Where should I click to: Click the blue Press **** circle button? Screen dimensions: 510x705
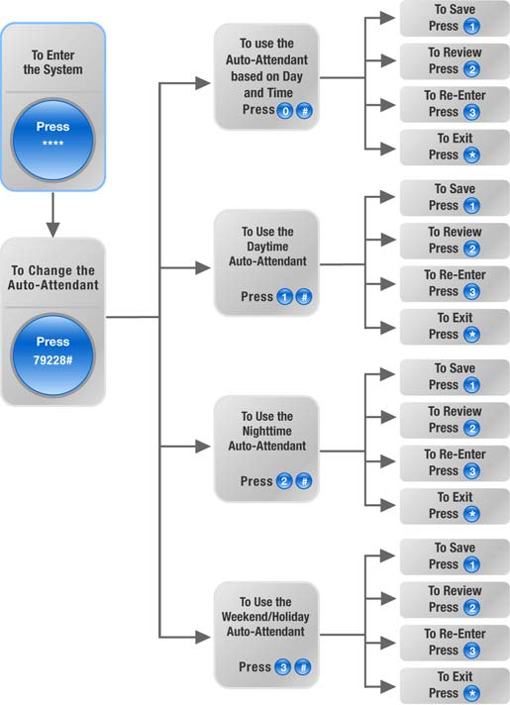tap(53, 141)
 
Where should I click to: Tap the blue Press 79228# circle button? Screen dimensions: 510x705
tap(53, 355)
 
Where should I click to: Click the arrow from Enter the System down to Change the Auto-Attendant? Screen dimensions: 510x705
tap(53, 215)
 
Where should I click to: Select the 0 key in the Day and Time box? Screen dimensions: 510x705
tap(284, 111)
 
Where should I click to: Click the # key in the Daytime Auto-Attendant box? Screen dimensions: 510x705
tap(304, 297)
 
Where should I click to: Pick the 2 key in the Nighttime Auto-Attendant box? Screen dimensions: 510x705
tap(284, 481)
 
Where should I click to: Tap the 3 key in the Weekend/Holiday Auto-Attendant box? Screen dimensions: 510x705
tap(283, 667)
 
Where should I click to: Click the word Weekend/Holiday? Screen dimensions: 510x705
tap(265, 617)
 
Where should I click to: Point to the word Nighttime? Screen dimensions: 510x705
tap(266, 431)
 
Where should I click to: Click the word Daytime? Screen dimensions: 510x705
tap(267, 247)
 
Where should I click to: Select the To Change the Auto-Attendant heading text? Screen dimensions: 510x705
tap(53, 277)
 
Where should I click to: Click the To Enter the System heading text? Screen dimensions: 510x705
tap(53, 62)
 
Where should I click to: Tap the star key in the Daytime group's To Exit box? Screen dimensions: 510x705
tap(471, 335)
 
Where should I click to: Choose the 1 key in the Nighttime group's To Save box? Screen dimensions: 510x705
tap(471, 385)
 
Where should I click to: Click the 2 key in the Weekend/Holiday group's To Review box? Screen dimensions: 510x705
tap(471, 608)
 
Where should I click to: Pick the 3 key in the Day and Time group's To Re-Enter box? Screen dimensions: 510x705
tap(471, 113)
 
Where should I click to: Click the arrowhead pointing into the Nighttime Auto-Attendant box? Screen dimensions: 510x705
tap(203, 447)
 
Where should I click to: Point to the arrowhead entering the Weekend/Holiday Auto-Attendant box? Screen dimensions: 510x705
tap(203, 637)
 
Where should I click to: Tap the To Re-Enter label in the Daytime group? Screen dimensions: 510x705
tap(455, 274)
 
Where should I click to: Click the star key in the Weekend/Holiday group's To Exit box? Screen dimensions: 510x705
tap(471, 693)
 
